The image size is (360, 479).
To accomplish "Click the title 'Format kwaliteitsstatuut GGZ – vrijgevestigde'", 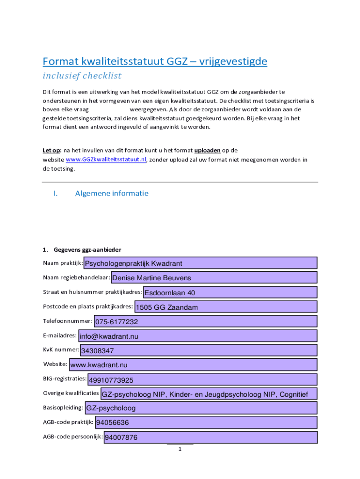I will click(155, 61).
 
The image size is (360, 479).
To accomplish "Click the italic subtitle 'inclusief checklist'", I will click(82, 75).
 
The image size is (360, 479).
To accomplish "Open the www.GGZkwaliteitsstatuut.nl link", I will click(106, 160).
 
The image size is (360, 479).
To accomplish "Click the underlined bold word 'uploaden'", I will click(208, 150).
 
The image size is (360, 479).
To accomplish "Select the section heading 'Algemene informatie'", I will click(112, 193).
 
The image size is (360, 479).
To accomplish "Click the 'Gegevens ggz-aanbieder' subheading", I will click(87, 249).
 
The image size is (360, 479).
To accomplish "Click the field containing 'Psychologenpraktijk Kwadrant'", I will click(200, 263).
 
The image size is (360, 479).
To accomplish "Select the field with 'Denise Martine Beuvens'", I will click(214, 278).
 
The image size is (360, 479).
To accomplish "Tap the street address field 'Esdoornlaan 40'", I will click(230, 293).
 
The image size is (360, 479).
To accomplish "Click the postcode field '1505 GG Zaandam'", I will click(225, 307).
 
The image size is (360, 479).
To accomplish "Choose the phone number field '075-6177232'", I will click(205, 322).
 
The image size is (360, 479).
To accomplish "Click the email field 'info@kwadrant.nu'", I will click(198, 336).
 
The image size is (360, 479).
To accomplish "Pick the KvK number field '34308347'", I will click(198, 350).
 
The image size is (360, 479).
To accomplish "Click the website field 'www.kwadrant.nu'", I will click(193, 365).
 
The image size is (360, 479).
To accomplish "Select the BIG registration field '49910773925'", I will click(202, 379).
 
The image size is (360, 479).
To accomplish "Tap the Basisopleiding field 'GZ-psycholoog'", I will click(201, 408).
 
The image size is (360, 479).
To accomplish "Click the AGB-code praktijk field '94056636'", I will click(206, 423).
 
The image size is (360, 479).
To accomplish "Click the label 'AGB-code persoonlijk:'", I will click(73, 437).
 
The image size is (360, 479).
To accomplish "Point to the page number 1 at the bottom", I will click(180, 450).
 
